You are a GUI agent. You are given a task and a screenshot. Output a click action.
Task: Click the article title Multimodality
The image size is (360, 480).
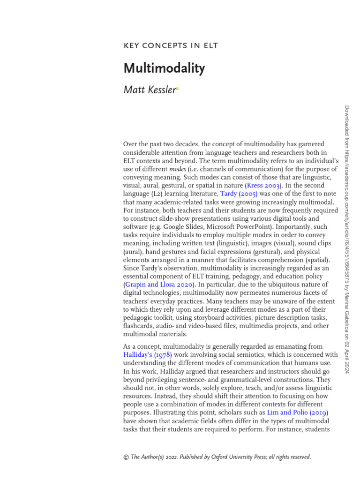pyautogui.click(x=164, y=68)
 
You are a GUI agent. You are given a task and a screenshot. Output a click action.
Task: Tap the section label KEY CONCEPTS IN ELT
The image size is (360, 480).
pyautogui.click(x=171, y=45)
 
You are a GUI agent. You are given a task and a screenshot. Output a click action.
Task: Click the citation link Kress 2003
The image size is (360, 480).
pyautogui.click(x=264, y=185)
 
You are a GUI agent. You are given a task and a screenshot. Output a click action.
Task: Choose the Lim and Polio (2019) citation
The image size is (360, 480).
pyautogui.click(x=297, y=413)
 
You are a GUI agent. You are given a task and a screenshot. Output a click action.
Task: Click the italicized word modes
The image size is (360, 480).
pyautogui.click(x=179, y=168)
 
